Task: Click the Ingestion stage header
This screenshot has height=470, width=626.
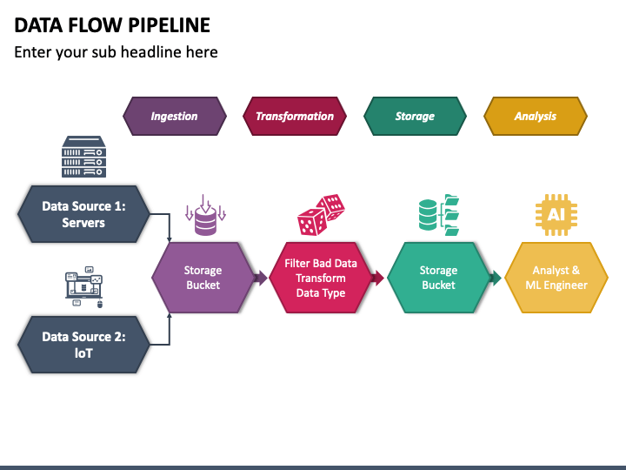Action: (x=175, y=116)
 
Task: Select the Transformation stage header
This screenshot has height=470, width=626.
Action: (x=295, y=116)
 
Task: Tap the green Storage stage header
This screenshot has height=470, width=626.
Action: (x=415, y=116)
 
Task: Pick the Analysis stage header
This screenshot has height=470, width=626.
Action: (x=536, y=116)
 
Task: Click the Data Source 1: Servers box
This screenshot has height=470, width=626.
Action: (x=83, y=214)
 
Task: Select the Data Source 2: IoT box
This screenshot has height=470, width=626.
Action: (x=83, y=345)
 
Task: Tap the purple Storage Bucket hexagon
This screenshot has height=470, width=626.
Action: (x=203, y=278)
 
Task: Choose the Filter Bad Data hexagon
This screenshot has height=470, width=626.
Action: (x=321, y=278)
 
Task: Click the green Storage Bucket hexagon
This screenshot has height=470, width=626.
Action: (x=438, y=278)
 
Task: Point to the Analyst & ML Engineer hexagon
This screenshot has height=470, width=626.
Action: (x=556, y=278)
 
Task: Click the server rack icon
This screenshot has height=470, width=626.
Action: (x=83, y=157)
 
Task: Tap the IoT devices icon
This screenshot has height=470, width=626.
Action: (x=84, y=287)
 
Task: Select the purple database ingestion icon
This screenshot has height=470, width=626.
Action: (x=205, y=215)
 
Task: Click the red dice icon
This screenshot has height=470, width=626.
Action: (x=321, y=215)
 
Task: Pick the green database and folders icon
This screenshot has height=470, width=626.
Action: (x=439, y=215)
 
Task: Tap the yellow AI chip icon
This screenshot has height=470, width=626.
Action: (x=556, y=215)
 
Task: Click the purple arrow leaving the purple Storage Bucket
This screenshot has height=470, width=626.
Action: (x=261, y=278)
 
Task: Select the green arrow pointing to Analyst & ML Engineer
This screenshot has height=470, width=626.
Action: (x=496, y=278)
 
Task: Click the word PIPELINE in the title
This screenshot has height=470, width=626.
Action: (x=170, y=25)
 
